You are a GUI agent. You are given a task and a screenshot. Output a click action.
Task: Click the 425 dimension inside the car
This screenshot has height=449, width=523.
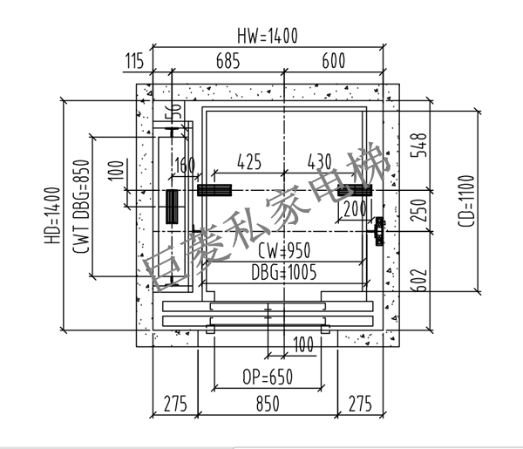tap(249, 161)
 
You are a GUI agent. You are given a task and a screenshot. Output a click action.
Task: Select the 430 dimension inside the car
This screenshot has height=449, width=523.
tap(320, 161)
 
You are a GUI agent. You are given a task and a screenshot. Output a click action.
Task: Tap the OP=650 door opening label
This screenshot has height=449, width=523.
tap(267, 378)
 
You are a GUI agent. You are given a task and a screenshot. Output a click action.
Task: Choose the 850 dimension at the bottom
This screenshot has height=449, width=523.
tap(267, 405)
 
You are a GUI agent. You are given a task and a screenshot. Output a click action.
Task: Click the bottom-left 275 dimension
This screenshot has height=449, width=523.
tap(176, 405)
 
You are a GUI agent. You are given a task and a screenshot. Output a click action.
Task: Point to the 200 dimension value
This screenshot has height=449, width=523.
tap(355, 209)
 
